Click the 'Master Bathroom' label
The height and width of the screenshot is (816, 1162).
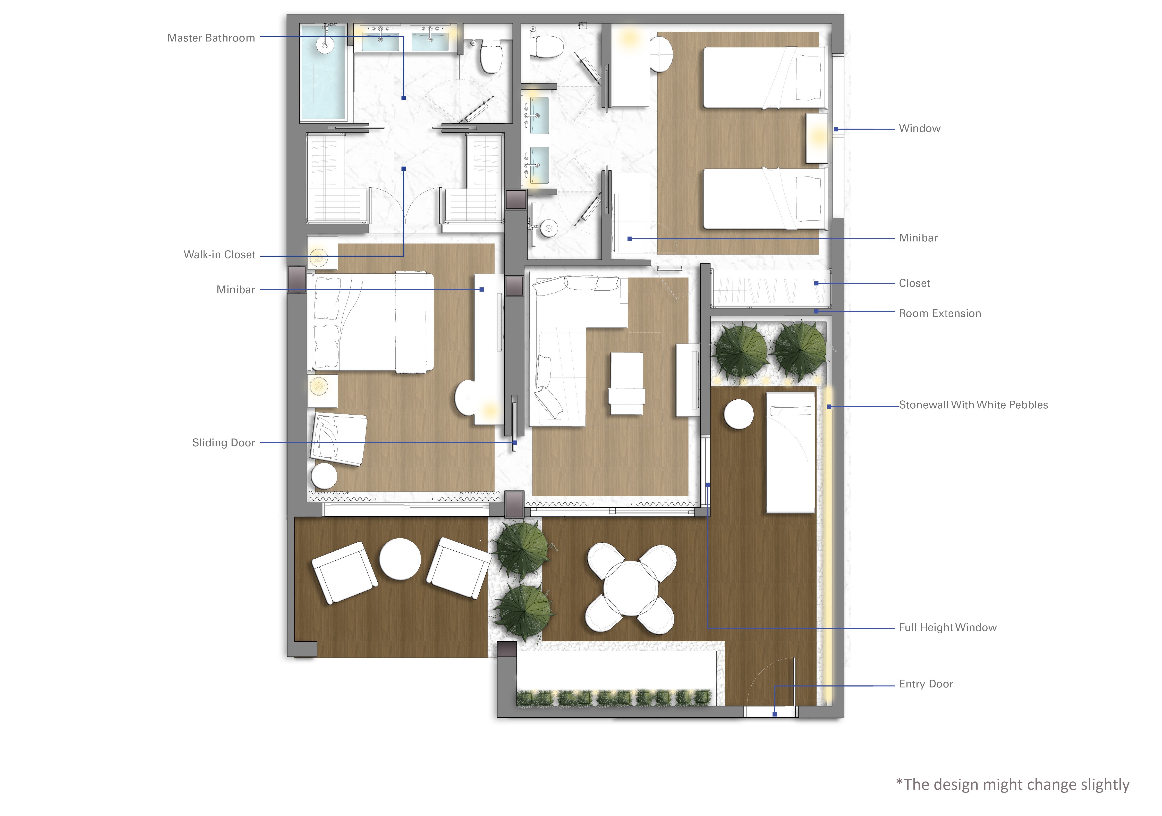pos(211,38)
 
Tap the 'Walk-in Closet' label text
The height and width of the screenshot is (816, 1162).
pos(219,255)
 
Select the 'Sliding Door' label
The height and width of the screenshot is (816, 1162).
pos(223,443)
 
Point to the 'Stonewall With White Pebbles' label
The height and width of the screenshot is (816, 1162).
pos(973,405)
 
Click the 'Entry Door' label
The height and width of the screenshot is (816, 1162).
pos(926,684)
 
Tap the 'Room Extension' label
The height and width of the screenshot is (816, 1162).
pos(940,313)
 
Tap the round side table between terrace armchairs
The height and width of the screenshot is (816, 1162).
pos(400,558)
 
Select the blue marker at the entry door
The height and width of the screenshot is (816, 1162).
pos(774,714)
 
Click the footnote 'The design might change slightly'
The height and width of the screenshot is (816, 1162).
pos(1012,784)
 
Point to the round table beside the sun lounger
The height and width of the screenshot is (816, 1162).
pos(739,414)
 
